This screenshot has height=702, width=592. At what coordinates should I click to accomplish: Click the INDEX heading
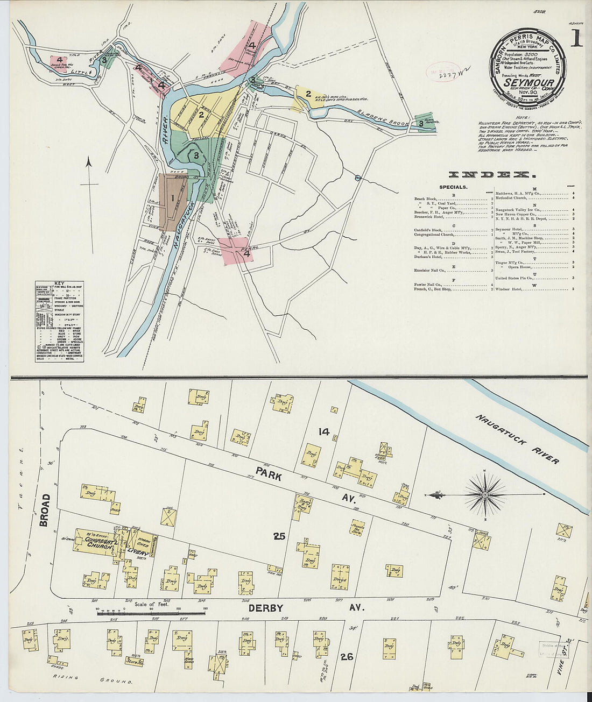491,175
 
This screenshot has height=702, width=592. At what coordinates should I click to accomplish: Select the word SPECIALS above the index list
453,187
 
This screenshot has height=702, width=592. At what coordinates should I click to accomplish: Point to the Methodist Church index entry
515,198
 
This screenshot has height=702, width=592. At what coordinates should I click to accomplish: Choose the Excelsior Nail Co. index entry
430,271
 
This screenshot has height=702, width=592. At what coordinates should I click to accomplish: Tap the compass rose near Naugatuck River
485,493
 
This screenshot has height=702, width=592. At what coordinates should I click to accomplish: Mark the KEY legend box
59,321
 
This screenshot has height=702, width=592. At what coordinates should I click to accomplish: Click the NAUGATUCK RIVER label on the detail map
516,439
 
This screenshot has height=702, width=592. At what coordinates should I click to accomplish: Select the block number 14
323,431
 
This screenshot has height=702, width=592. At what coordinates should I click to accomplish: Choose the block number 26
347,656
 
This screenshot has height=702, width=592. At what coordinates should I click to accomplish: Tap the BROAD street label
45,509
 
